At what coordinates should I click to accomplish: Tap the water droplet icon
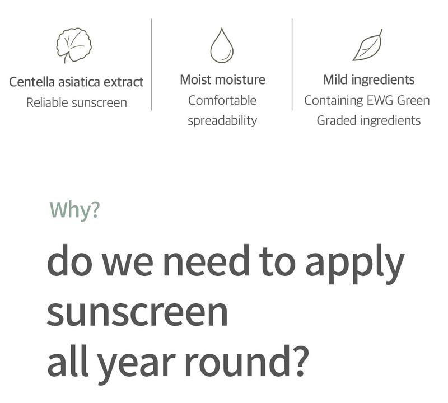pyautogui.click(x=222, y=45)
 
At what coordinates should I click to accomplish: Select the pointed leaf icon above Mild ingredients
pyautogui.click(x=368, y=45)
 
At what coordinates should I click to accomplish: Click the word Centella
pyautogui.click(x=32, y=82)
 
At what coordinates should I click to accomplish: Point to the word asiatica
pyautogui.click(x=79, y=82)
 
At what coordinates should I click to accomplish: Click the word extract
pyautogui.click(x=123, y=82)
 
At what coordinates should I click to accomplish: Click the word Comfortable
pyautogui.click(x=222, y=100)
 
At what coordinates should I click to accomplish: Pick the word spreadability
pyautogui.click(x=222, y=121)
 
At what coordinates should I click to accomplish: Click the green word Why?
pyautogui.click(x=75, y=210)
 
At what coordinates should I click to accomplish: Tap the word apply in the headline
pyautogui.click(x=355, y=264)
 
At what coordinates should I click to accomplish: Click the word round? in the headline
pyautogui.click(x=247, y=360)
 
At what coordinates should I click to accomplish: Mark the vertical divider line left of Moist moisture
pyautogui.click(x=151, y=64)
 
